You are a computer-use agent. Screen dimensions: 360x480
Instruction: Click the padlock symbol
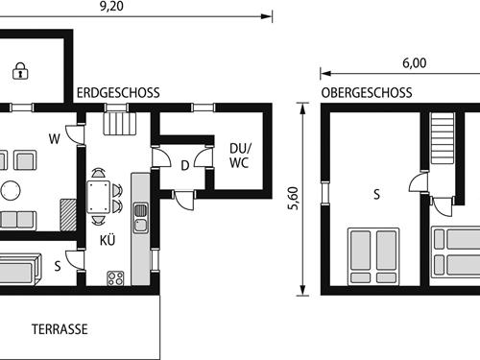18,69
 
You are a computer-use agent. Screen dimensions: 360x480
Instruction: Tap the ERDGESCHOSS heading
119,93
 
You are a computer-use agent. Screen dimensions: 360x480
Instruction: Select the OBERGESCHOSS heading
367,93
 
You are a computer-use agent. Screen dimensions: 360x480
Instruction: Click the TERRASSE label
60,328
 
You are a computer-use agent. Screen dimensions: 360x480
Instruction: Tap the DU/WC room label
239,156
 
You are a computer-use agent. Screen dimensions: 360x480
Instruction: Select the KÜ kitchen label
107,241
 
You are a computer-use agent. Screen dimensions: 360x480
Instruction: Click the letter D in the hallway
185,164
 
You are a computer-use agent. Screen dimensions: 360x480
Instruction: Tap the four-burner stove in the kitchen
116,278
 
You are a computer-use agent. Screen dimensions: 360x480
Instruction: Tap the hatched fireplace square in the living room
67,213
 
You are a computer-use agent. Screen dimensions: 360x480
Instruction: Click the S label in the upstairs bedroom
376,195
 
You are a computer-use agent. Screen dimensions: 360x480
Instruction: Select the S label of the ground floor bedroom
58,266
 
